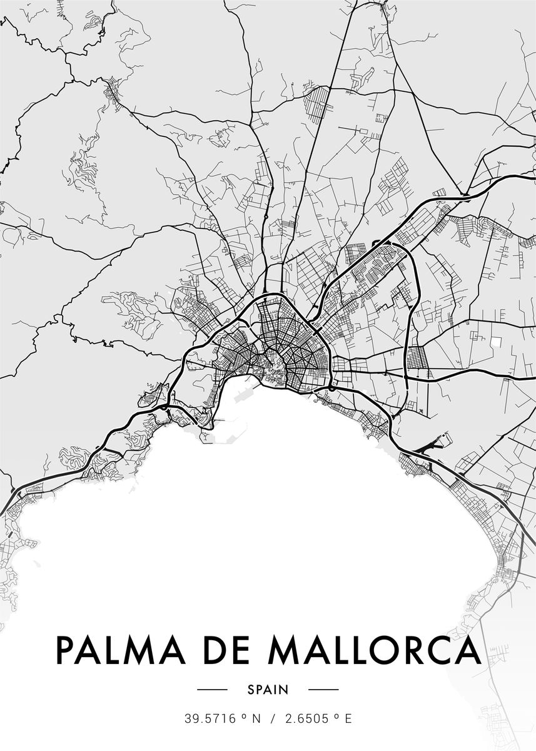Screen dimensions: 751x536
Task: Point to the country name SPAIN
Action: coord(268,690)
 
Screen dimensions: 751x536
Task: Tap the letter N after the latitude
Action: coord(255,719)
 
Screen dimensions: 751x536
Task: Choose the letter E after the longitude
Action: coord(348,719)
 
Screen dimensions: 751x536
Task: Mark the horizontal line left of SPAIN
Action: coord(212,690)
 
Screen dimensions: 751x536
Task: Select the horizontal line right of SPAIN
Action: coord(323,690)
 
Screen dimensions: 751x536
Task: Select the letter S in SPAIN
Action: coord(251,690)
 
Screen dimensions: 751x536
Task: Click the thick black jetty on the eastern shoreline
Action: coord(432,444)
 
